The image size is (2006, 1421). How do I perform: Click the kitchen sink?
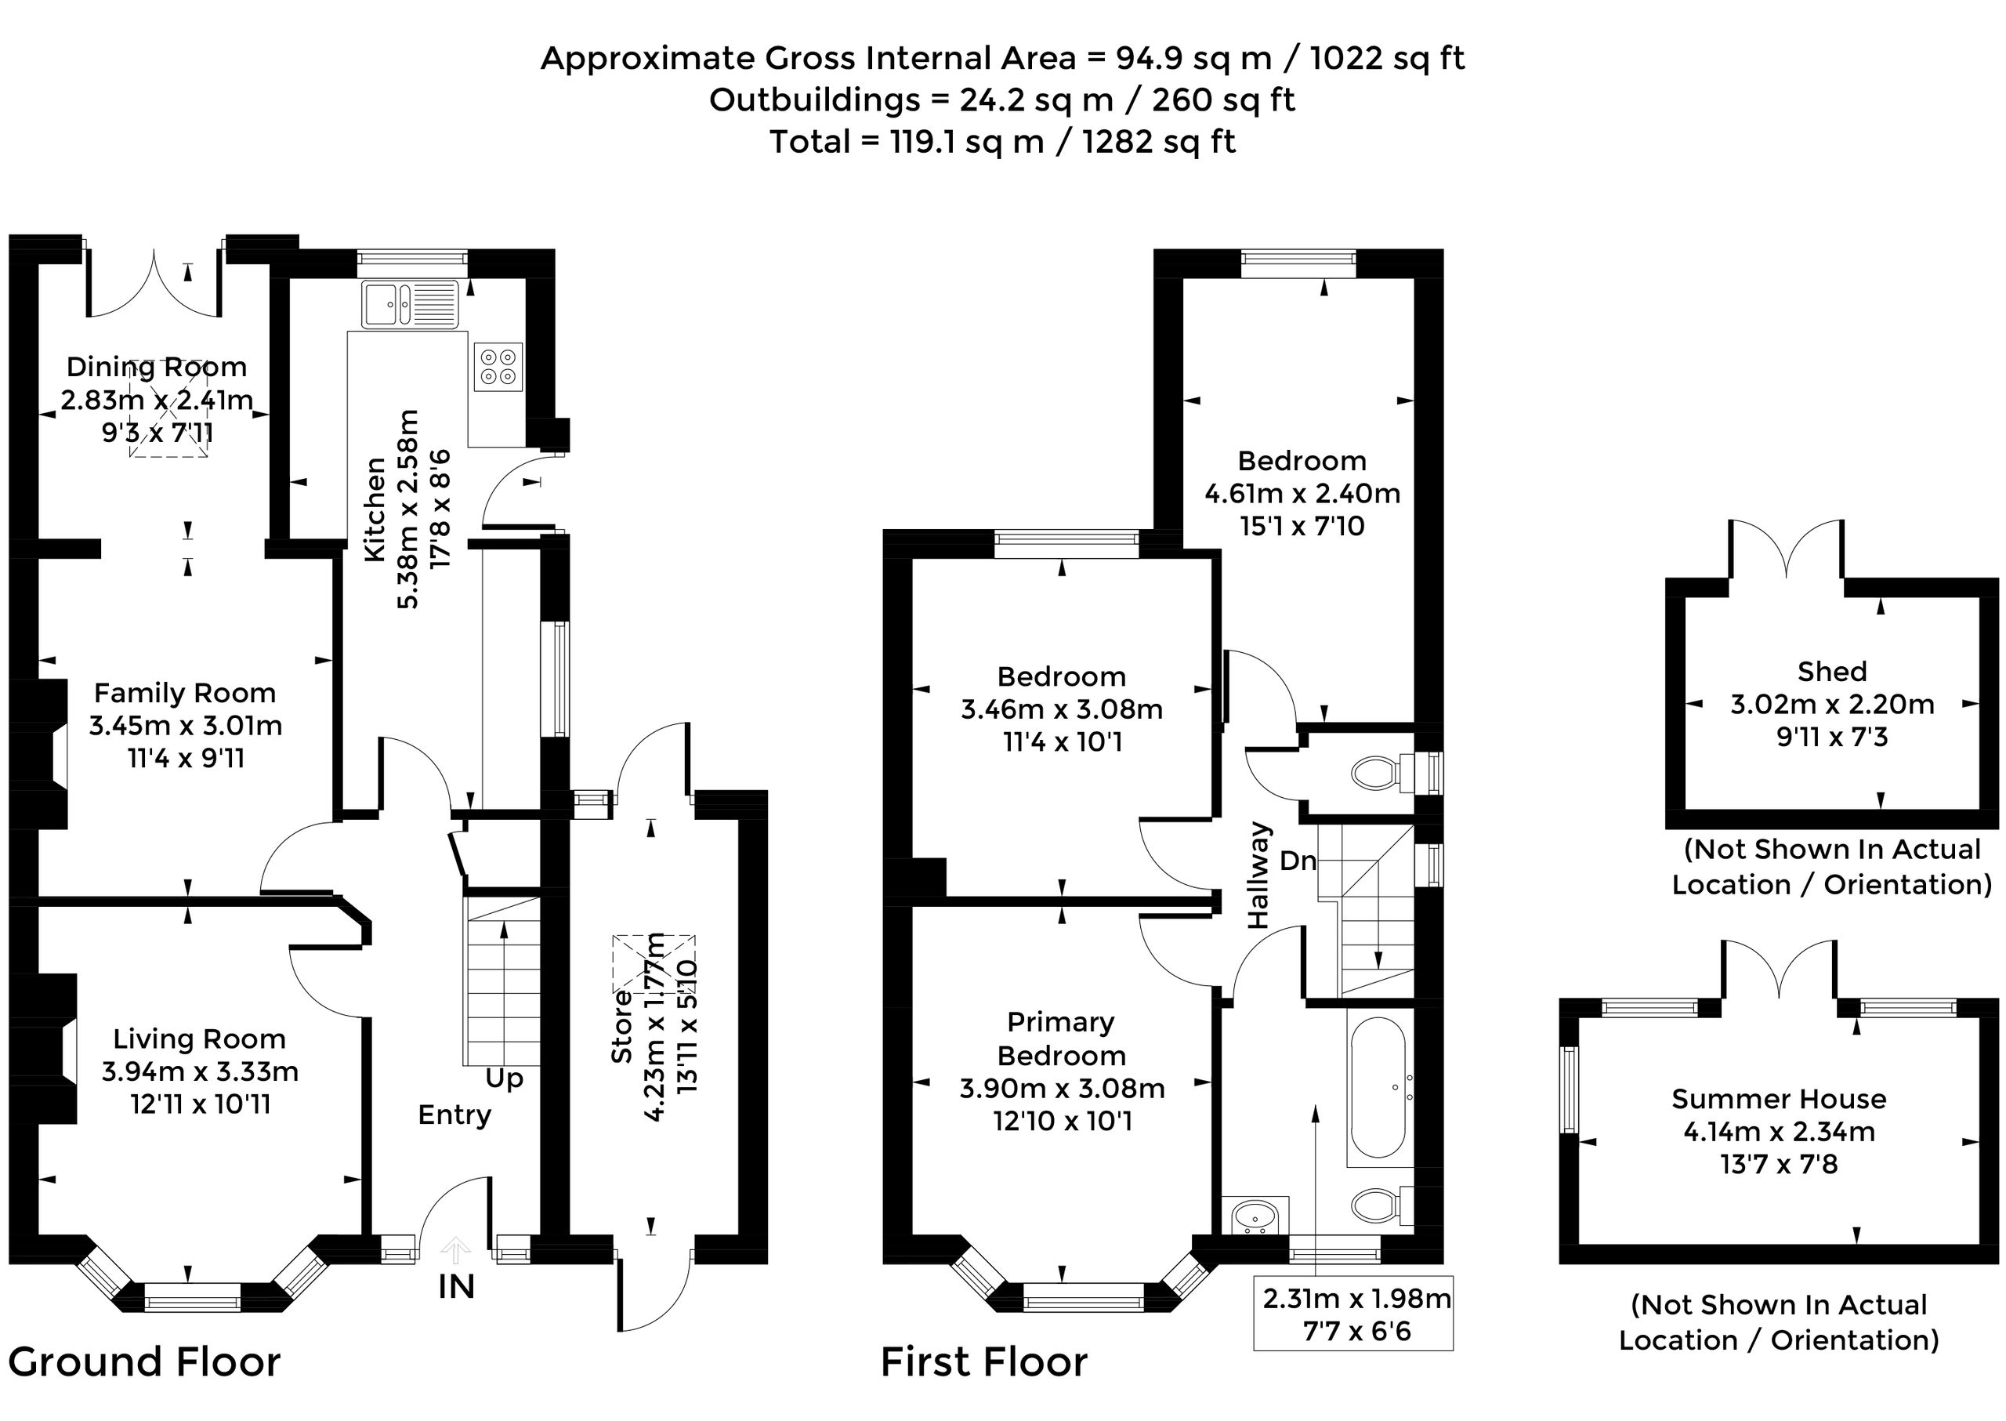click(409, 304)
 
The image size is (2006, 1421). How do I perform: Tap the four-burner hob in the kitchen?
click(498, 367)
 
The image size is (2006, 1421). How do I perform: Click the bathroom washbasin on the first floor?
click(1255, 1216)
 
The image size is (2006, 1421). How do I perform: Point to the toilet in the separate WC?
click(1383, 773)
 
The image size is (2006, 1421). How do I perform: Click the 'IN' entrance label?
click(457, 1287)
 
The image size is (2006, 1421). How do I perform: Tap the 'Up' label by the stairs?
click(504, 1078)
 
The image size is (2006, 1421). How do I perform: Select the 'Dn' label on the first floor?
click(1298, 861)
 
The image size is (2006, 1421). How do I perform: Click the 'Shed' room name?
click(1832, 671)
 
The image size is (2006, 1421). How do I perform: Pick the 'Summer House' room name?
click(1779, 1099)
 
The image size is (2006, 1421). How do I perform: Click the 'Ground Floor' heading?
click(144, 1362)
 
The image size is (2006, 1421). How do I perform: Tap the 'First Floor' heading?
click(984, 1362)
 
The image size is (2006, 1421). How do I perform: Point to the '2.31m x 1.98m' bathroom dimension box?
click(1353, 1314)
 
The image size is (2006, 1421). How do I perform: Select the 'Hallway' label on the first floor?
click(1258, 875)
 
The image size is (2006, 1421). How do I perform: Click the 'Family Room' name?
click(185, 693)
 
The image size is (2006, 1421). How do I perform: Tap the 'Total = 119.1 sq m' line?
click(1002, 142)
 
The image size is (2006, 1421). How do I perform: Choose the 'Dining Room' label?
click(157, 366)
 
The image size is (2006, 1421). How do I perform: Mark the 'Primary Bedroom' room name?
click(1061, 1039)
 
